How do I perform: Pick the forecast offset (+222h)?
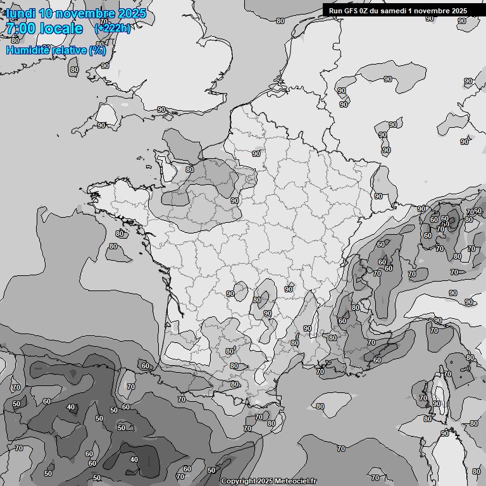pyautogui.click(x=113, y=28)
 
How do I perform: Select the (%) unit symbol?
pyautogui.click(x=97, y=50)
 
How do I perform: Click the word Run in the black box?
pyautogui.click(x=335, y=11)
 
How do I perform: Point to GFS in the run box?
pyautogui.click(x=351, y=11)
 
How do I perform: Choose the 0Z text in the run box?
pyautogui.click(x=365, y=11)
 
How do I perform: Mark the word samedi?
pyautogui.click(x=395, y=11)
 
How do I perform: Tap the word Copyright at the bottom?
pyautogui.click(x=239, y=482)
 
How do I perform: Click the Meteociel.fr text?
pyautogui.click(x=297, y=482)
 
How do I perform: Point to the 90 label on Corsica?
pyautogui.click(x=437, y=404)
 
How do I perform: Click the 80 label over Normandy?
pyautogui.click(x=190, y=170)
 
